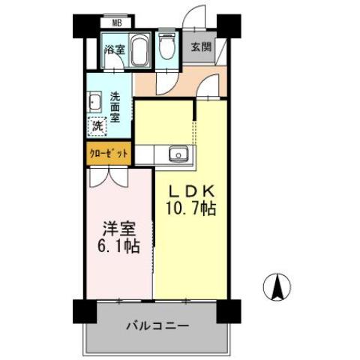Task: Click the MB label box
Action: [117, 22]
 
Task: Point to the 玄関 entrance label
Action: [201, 47]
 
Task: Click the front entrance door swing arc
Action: [196, 16]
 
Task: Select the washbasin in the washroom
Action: [95, 102]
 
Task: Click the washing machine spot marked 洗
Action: [97, 126]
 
